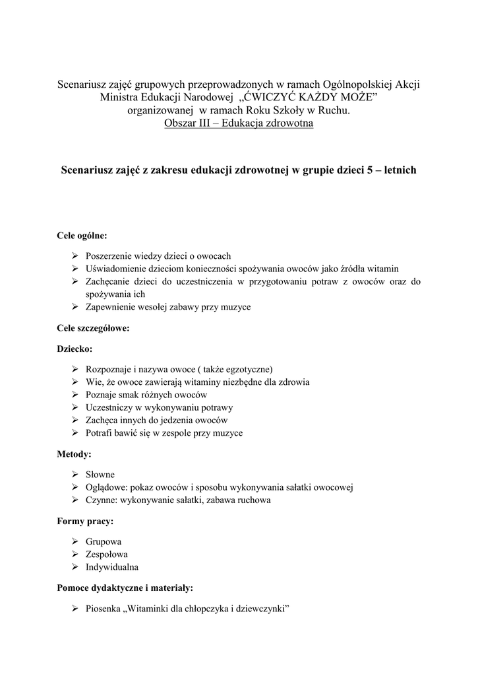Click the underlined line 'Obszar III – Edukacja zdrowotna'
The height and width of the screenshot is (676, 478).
pos(238,123)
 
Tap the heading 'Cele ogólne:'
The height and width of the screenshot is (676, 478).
pos(81,234)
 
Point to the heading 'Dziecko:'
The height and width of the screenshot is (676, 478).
pos(75,347)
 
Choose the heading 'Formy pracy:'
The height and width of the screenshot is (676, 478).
pos(85,522)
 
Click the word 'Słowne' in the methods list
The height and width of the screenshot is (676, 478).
pos(100,475)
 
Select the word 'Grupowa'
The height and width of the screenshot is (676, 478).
pos(104,541)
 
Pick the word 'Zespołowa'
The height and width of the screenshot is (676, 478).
pos(107,555)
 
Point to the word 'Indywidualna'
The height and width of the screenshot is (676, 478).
pos(112,567)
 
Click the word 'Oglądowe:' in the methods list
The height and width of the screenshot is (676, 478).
pos(107,487)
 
